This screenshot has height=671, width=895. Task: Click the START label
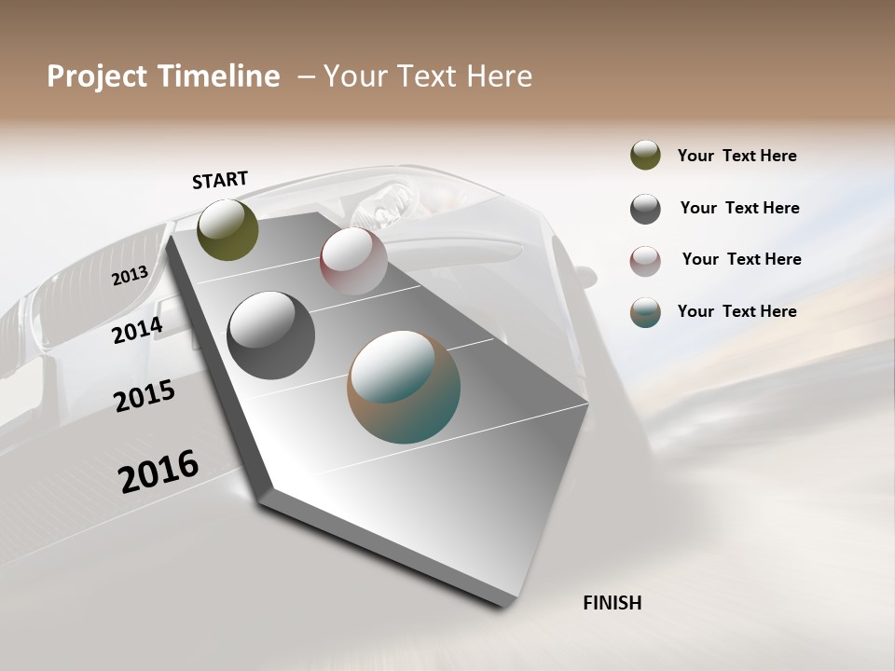coord(220,180)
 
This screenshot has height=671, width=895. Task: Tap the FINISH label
coord(613,603)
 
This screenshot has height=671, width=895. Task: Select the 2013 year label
coord(130,276)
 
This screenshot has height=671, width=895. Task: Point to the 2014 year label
coord(137,331)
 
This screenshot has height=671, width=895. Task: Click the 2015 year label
coord(145,396)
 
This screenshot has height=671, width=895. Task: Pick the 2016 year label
coord(158,471)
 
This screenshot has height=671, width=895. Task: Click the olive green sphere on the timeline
coord(228,229)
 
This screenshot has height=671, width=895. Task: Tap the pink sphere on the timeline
coord(353,261)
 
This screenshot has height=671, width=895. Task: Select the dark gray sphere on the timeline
coord(270,335)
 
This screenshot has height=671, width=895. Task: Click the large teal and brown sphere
coord(404,387)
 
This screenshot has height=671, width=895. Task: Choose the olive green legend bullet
coord(645,156)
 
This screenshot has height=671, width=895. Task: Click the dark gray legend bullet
coord(645,209)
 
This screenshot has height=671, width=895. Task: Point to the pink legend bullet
coord(645,260)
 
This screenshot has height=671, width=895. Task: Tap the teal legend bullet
coord(645,312)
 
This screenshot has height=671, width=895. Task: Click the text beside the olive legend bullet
coord(737,157)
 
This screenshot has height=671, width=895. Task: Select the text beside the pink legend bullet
coord(741,259)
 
